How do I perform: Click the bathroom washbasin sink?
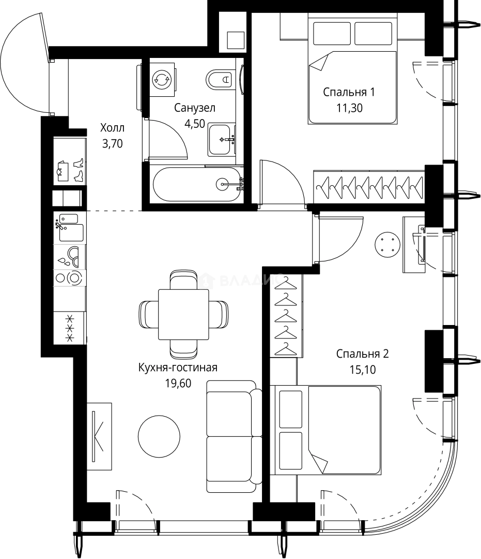coord(222,139)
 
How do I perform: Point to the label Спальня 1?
coord(349,92)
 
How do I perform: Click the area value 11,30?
coord(349,108)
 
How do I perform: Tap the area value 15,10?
coord(363,370)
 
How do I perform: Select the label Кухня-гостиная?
coord(178,367)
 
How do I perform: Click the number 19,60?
coord(178,383)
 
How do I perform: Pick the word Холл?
coord(113,128)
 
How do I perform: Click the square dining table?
coord(183,315)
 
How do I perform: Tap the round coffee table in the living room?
coord(159,435)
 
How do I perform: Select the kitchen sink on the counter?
coord(70,228)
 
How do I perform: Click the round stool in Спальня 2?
coord(387,244)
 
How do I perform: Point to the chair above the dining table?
coord(183,279)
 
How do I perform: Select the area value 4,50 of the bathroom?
coord(195,123)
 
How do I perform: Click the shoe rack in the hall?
coord(70,161)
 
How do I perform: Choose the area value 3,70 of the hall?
coord(113,143)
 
